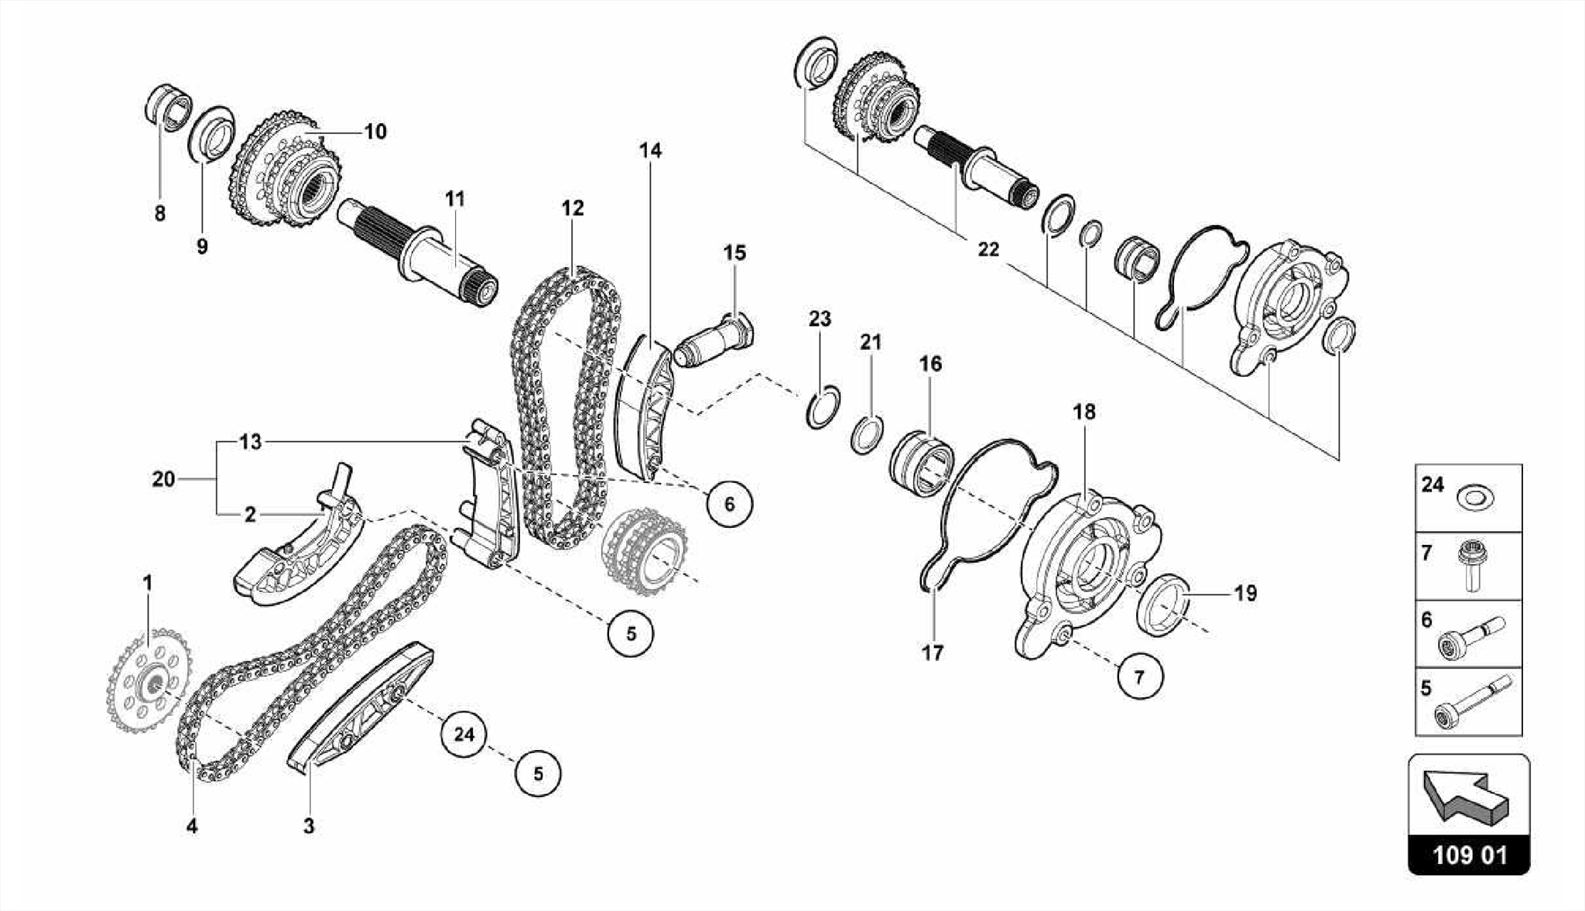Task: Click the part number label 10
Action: point(375,132)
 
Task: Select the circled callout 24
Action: point(464,733)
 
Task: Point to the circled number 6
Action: point(729,504)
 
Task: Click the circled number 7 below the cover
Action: point(1139,676)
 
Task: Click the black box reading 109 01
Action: point(1469,856)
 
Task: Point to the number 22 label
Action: point(988,250)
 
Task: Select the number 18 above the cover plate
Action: point(1084,412)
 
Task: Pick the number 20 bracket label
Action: point(163,479)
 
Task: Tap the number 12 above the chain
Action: point(572,208)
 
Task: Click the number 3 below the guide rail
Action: point(308,826)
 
